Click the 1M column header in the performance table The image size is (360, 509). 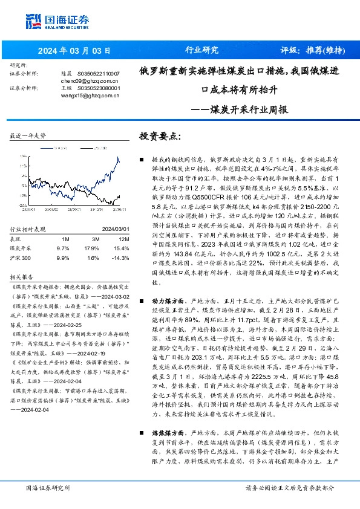66,222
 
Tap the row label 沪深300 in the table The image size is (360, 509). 21,241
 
